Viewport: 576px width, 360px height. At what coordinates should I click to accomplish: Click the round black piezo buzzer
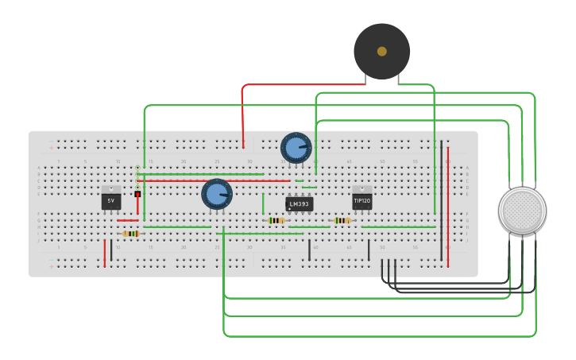tap(381, 51)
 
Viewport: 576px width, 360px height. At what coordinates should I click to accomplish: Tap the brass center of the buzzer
tap(382, 51)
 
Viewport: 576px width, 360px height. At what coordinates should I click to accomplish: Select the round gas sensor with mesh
tap(522, 211)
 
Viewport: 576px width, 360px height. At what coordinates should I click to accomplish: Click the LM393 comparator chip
tap(299, 204)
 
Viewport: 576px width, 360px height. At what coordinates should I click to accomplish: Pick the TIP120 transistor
tap(362, 201)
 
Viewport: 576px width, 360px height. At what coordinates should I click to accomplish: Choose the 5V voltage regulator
tap(111, 201)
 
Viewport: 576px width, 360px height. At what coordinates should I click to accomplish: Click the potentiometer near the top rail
tap(295, 148)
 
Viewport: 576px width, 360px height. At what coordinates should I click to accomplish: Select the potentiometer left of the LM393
tap(216, 194)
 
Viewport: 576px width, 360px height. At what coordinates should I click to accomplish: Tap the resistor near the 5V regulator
tap(131, 234)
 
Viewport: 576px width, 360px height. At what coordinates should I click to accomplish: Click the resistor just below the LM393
tap(276, 220)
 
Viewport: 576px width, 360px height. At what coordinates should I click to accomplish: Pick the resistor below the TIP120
tap(342, 220)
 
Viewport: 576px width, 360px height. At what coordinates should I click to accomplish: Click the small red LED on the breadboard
tap(137, 194)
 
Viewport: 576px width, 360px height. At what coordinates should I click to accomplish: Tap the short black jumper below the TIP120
tap(369, 250)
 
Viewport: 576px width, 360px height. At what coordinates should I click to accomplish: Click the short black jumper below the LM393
tap(309, 250)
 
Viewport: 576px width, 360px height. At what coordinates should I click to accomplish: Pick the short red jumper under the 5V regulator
tap(105, 253)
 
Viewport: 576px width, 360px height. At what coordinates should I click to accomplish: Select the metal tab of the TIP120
tap(362, 189)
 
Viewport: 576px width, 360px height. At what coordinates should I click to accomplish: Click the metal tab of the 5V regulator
tap(111, 189)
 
